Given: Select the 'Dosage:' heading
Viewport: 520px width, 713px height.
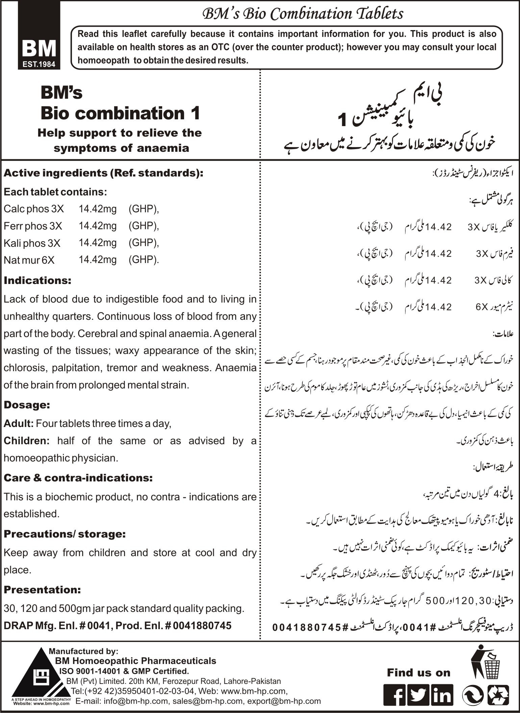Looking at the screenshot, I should tap(27, 405).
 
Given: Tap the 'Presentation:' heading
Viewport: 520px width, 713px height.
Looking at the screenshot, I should tap(42, 590).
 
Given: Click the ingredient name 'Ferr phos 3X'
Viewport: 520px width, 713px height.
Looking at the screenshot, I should tap(33, 226).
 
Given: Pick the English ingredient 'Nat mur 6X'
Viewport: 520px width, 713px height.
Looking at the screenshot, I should tap(29, 260).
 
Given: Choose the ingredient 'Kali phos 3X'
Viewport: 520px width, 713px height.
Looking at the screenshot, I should tap(32, 243).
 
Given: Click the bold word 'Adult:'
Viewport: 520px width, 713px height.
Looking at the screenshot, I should tap(18, 423).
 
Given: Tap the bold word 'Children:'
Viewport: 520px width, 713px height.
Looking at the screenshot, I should tap(27, 441).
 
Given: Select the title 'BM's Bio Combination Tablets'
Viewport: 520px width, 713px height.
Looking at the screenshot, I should tap(302, 14).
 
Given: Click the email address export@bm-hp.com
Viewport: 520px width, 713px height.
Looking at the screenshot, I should tap(284, 701).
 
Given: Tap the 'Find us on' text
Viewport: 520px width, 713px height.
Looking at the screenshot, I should tap(419, 672).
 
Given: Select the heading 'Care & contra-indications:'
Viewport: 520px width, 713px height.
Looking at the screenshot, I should tap(78, 478).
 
